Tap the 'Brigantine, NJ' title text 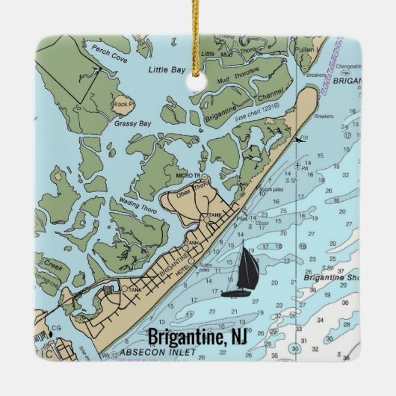click(197, 337)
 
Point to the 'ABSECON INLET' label click(149, 351)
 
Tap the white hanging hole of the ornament click(197, 80)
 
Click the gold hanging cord click(197, 45)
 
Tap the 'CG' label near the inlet click(57, 327)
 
